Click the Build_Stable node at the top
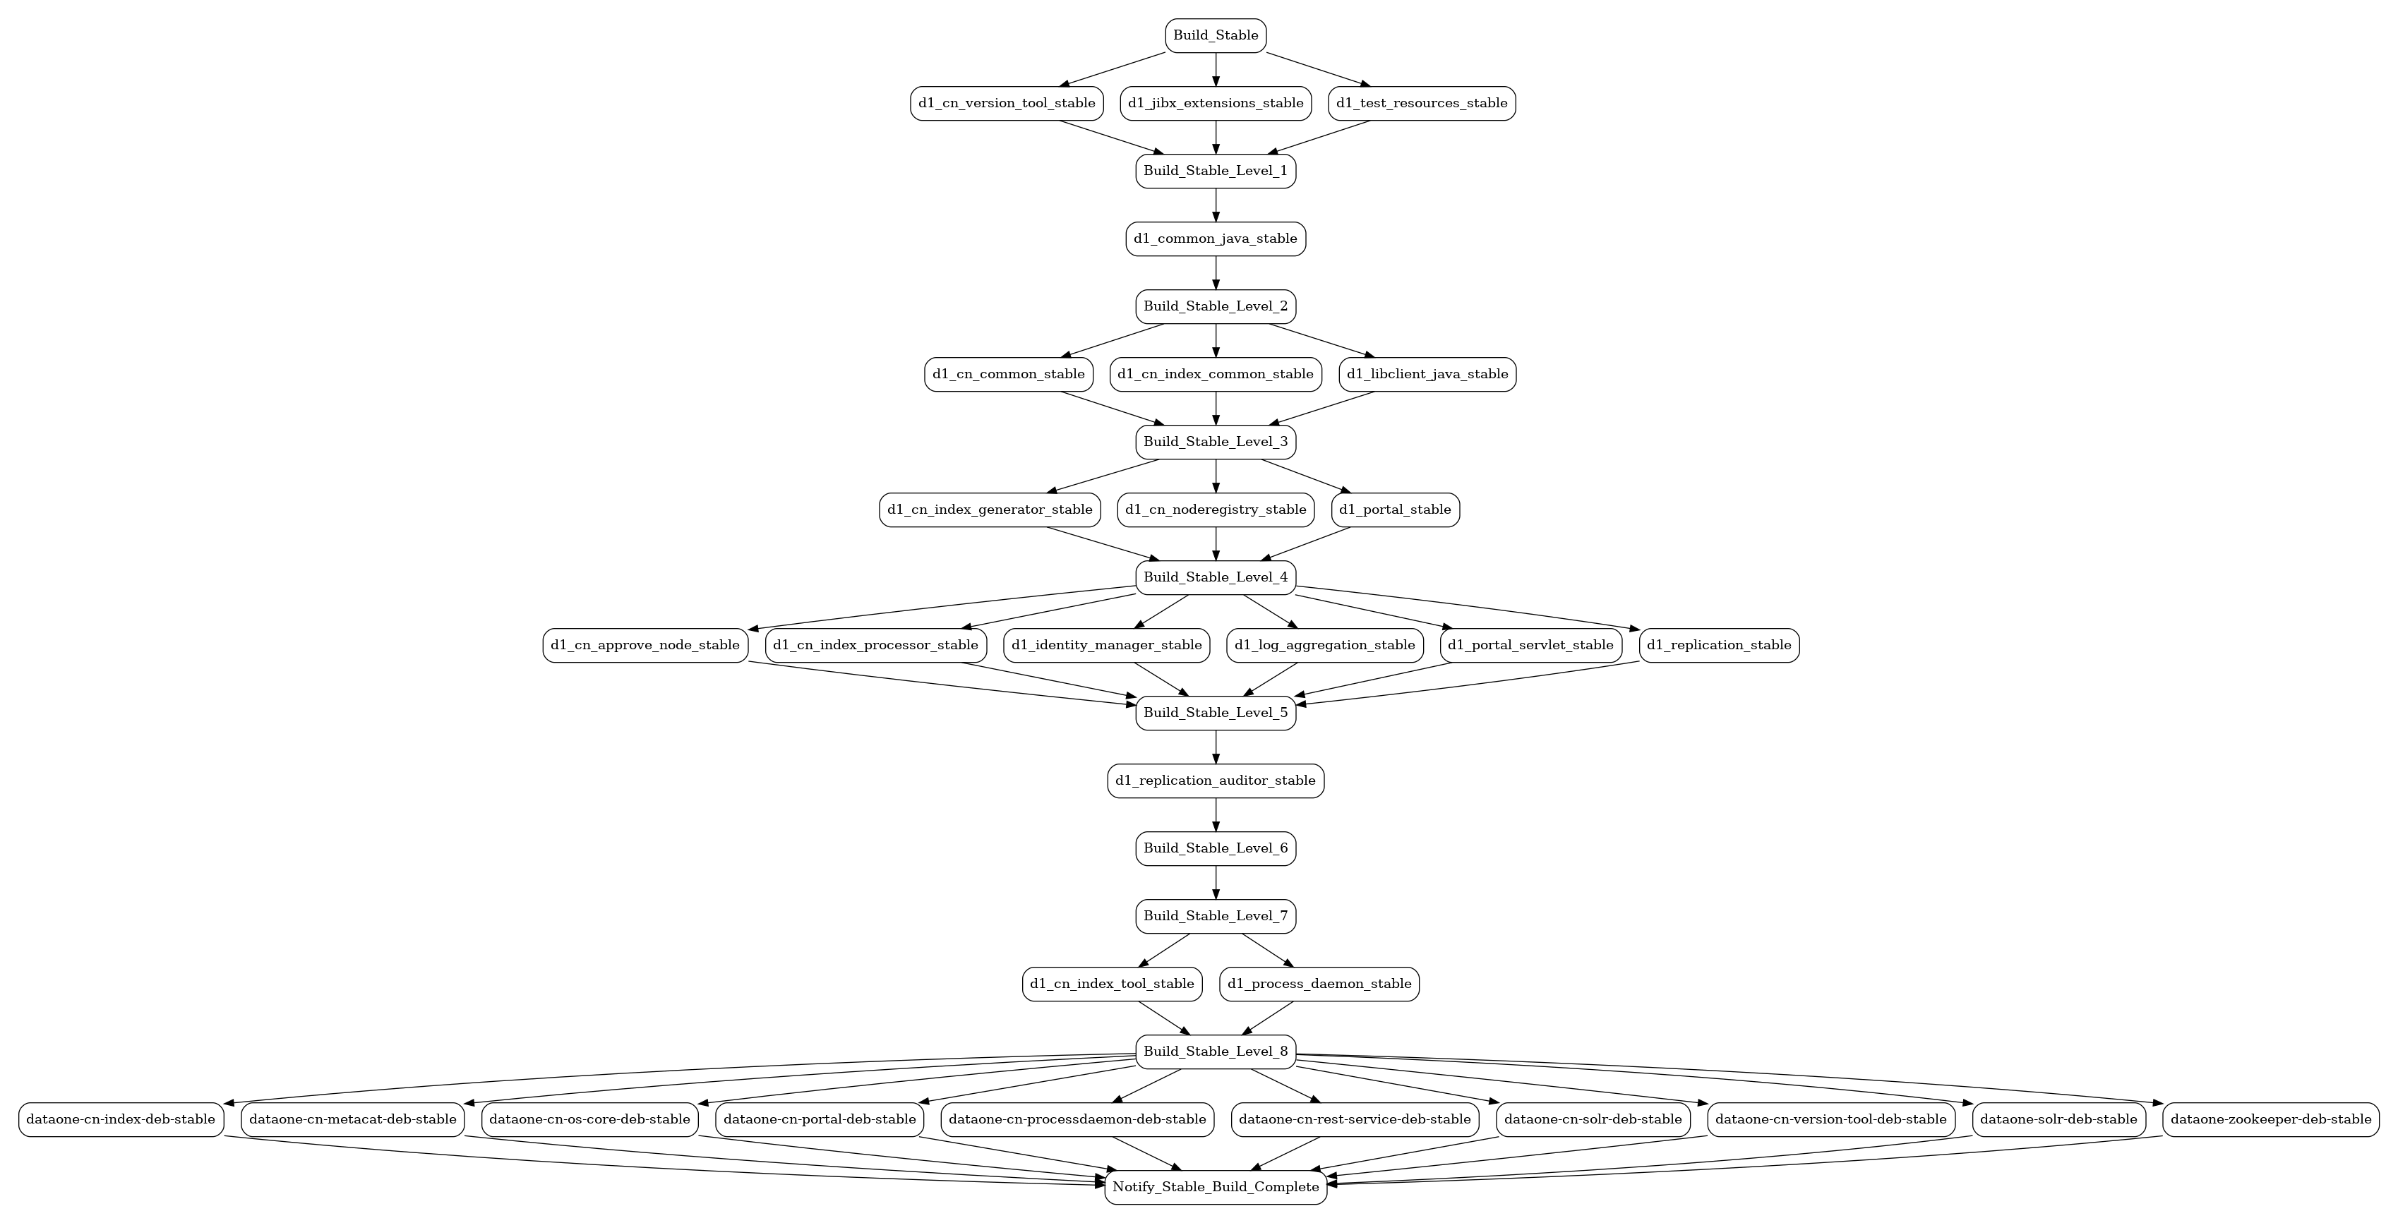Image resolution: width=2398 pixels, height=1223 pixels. click(1215, 35)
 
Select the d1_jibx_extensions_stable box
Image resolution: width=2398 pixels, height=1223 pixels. click(1215, 103)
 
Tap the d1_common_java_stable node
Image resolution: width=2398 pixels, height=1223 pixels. click(1215, 239)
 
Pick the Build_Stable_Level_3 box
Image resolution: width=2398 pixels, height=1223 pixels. click(1215, 441)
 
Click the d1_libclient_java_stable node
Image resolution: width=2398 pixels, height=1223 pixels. click(1428, 374)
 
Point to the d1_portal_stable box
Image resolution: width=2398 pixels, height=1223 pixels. click(1396, 509)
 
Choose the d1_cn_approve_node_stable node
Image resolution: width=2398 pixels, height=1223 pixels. click(645, 645)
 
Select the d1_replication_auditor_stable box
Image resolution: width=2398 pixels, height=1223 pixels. click(1215, 780)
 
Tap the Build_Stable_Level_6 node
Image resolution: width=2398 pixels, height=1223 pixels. click(1215, 848)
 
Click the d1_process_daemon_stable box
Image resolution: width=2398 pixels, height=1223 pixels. click(1319, 984)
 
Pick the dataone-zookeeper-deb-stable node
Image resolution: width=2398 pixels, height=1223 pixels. click(2270, 1119)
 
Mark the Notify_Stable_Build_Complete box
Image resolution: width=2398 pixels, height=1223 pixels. click(1215, 1187)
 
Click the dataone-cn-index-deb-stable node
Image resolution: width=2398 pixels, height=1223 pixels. click(121, 1119)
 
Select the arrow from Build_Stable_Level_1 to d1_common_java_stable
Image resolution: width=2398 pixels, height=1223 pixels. click(1216, 205)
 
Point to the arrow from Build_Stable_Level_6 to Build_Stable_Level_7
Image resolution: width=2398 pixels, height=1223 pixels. click(1216, 882)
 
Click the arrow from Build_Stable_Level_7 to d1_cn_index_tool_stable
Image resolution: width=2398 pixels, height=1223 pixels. click(1165, 951)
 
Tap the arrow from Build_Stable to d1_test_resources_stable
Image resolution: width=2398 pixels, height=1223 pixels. click(1318, 70)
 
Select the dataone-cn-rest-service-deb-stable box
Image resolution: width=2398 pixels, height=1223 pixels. click(1355, 1119)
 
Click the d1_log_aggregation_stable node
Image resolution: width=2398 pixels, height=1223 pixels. click(1325, 645)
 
